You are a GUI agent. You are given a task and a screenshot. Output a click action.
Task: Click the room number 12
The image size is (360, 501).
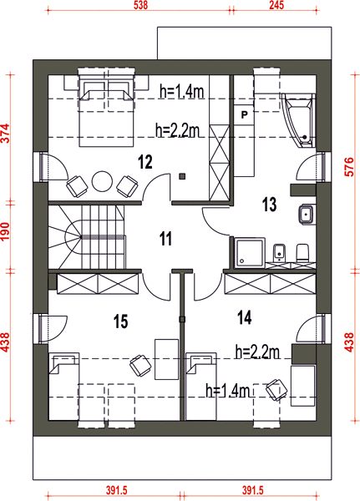(x=145, y=162)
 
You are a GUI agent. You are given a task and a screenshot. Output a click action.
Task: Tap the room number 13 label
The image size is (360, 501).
(x=269, y=205)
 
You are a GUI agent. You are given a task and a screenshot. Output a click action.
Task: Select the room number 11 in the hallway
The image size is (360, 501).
(x=165, y=239)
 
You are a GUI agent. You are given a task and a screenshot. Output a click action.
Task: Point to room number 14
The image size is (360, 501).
(x=245, y=317)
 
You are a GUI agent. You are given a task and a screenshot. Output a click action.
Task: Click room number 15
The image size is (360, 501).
(x=121, y=321)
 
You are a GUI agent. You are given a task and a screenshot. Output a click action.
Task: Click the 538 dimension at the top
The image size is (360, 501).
(x=140, y=5)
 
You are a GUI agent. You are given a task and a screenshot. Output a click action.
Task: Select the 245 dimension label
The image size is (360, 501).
(x=276, y=5)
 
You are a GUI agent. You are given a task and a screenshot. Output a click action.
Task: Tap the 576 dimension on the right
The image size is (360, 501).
(x=349, y=166)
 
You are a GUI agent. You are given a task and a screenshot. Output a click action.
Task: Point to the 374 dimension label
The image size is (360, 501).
(x=6, y=134)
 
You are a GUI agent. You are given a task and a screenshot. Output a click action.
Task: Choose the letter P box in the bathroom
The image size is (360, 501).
(x=244, y=114)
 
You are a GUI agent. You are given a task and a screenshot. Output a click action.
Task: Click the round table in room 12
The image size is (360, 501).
(x=102, y=181)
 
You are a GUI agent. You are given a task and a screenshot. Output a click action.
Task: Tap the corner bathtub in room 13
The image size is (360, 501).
(x=299, y=120)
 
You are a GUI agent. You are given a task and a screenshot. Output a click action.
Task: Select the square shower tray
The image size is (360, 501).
(x=250, y=253)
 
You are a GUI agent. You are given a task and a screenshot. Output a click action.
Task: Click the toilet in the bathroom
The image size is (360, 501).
(x=302, y=253)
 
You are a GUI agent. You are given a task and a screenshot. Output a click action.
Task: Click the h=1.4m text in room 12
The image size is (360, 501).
(x=181, y=92)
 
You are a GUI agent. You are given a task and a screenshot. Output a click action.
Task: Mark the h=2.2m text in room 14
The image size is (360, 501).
(x=257, y=352)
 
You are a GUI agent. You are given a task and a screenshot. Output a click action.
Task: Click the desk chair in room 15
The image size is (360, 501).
(x=140, y=365)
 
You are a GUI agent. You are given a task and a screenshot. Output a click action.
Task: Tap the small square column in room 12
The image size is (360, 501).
(x=182, y=176)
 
